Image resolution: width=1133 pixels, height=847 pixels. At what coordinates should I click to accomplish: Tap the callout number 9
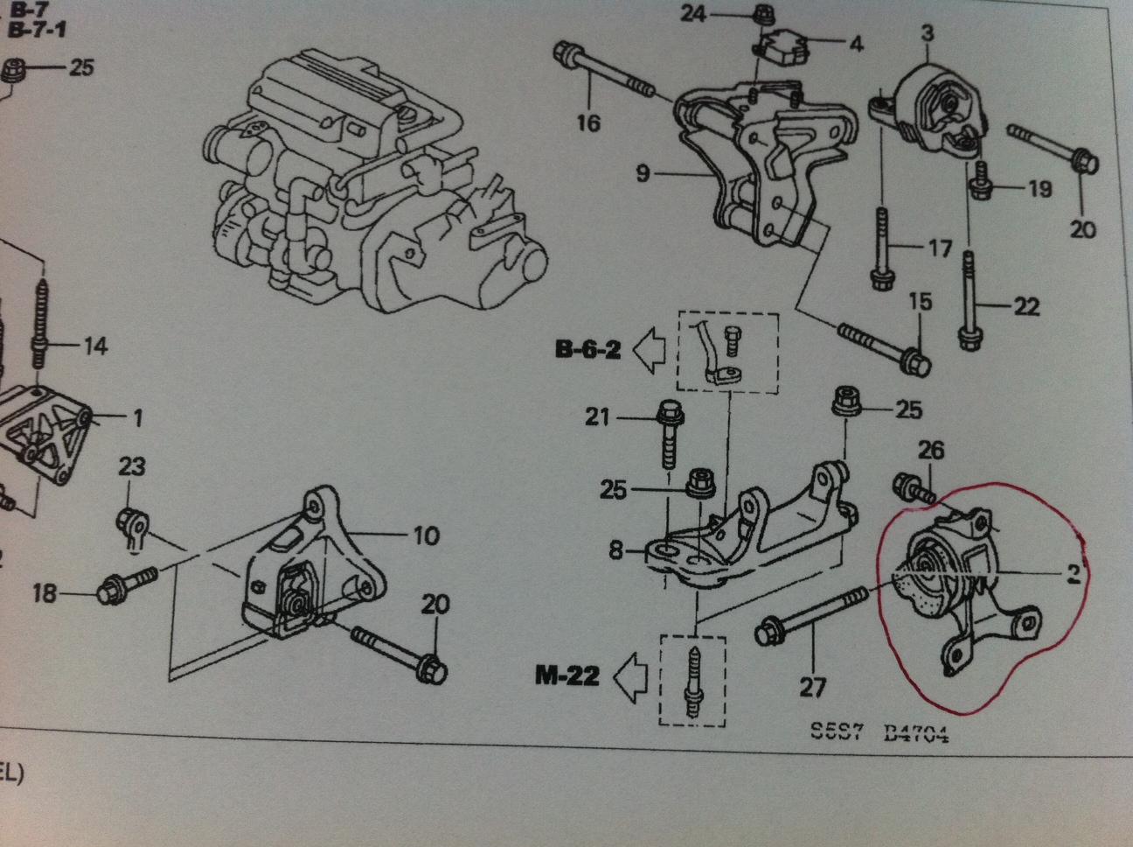(643, 173)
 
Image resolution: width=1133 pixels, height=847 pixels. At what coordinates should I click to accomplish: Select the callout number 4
(855, 43)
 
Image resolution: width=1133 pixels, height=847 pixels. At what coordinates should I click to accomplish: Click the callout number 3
(927, 34)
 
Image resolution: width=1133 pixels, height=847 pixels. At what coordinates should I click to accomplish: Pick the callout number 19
(1039, 187)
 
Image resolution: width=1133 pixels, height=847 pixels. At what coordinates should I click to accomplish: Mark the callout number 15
(921, 303)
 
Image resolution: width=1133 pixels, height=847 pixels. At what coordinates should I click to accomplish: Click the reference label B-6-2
(587, 350)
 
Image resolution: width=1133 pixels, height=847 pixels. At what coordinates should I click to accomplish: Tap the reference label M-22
(566, 675)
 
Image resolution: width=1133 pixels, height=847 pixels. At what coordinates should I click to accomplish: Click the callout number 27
(812, 688)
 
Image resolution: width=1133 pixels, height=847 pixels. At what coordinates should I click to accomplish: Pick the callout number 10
(425, 535)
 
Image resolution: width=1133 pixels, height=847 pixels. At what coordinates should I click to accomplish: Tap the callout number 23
(131, 466)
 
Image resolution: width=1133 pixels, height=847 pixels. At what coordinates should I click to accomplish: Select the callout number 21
(597, 417)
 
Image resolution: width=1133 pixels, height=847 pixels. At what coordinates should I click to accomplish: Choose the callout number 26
(931, 451)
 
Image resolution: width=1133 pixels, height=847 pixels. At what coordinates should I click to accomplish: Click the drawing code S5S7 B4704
(879, 733)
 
